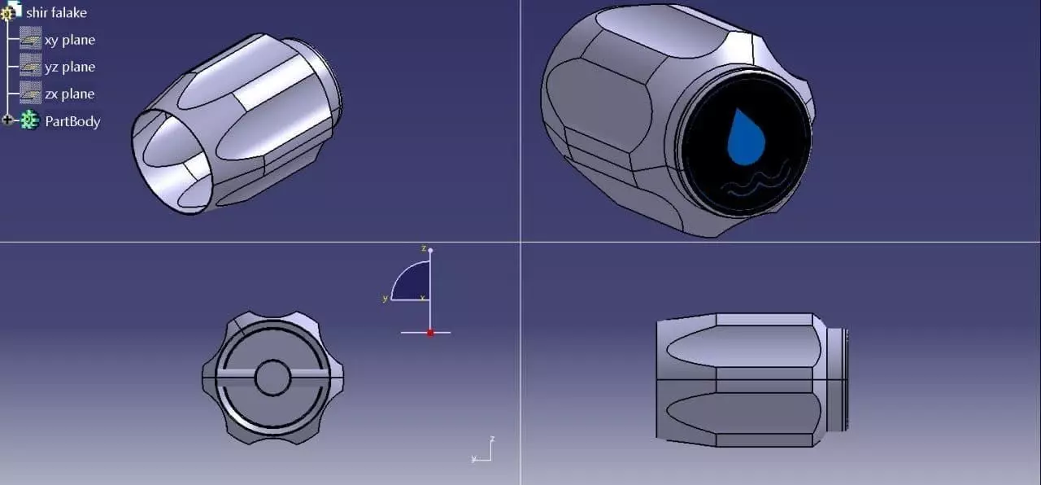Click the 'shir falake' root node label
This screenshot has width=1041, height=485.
coord(56,13)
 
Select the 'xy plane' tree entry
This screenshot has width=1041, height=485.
coord(69,40)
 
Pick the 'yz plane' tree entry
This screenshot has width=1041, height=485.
coord(69,67)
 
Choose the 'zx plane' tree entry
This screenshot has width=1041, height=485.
coord(69,94)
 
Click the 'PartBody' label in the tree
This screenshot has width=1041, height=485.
coord(72,121)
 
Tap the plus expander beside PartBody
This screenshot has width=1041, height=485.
coord(8,120)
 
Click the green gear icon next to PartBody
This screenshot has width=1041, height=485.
coord(29,120)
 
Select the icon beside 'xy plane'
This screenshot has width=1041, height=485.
coord(31,39)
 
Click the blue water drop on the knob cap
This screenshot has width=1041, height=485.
coord(745,137)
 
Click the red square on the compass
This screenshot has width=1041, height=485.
coord(430,332)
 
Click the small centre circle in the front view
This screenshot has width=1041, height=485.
coord(272,378)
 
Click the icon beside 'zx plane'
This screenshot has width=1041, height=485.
coord(31,93)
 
